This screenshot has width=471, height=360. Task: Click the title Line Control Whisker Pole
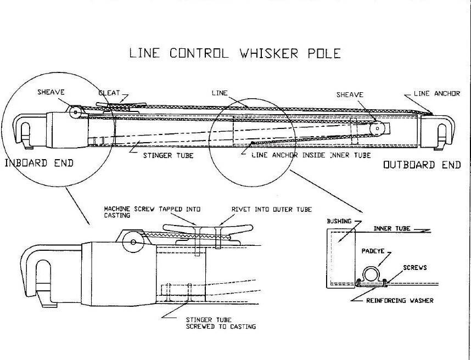point(234,53)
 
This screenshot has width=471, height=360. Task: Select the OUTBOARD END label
point(422,165)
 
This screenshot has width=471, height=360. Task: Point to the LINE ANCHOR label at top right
point(437,94)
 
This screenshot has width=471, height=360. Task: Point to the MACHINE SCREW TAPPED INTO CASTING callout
point(153,212)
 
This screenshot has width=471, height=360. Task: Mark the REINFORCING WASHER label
point(400,300)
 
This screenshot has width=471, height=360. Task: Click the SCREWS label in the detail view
point(414,268)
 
